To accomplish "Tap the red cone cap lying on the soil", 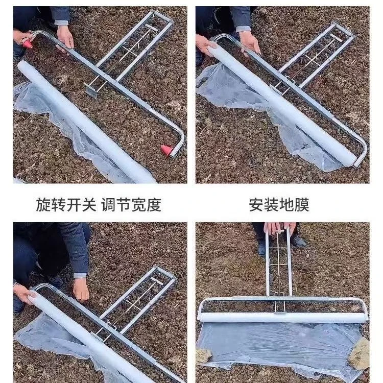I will tap(167, 150).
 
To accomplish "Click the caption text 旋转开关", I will tap(66, 205).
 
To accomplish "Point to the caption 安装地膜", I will tap(279, 205).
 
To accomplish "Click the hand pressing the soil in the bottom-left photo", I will tap(81, 289).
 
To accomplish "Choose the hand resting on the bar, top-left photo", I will tap(65, 37).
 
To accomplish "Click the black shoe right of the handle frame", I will tap(298, 241).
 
